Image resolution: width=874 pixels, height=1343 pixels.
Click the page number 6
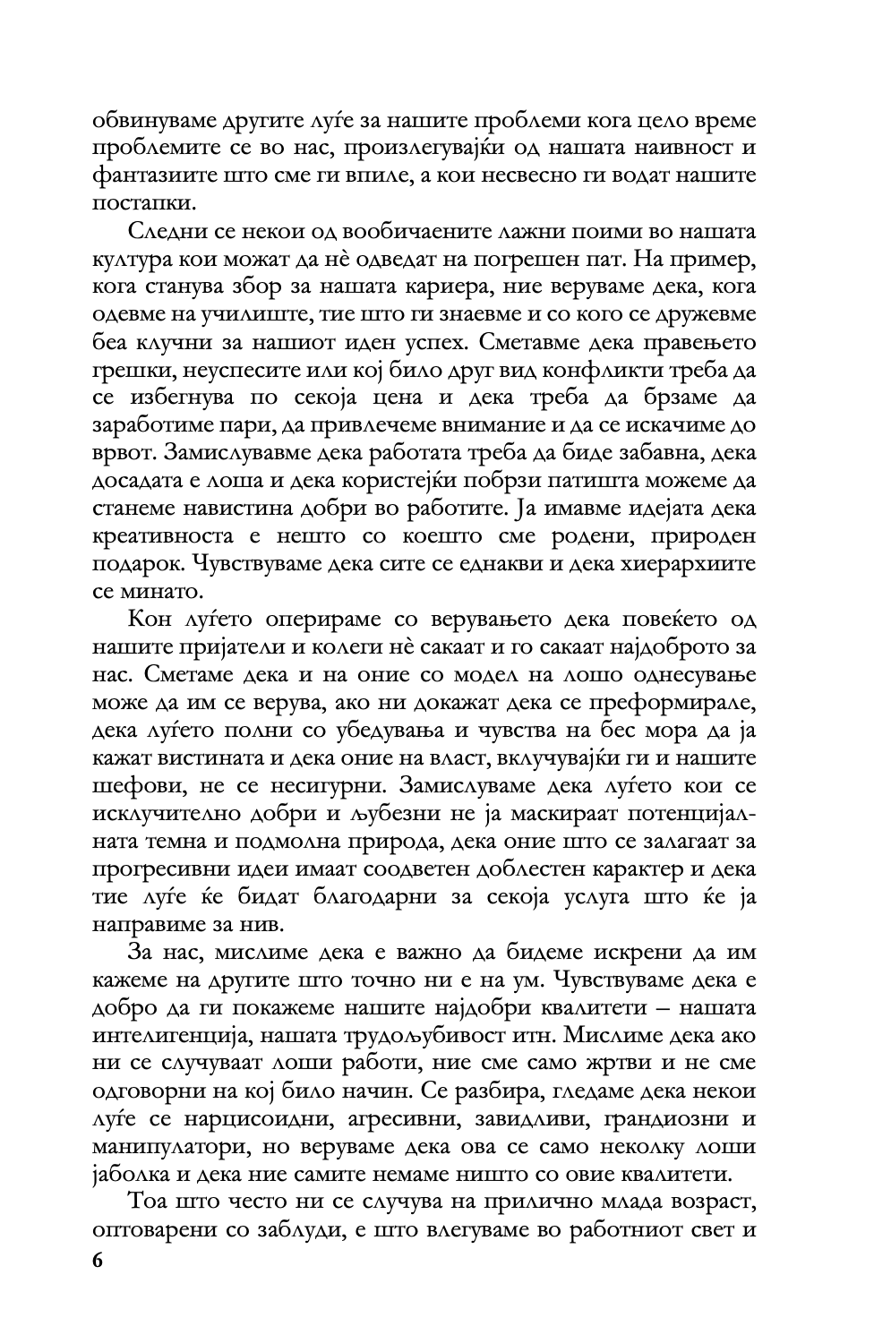[x=98, y=1260]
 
